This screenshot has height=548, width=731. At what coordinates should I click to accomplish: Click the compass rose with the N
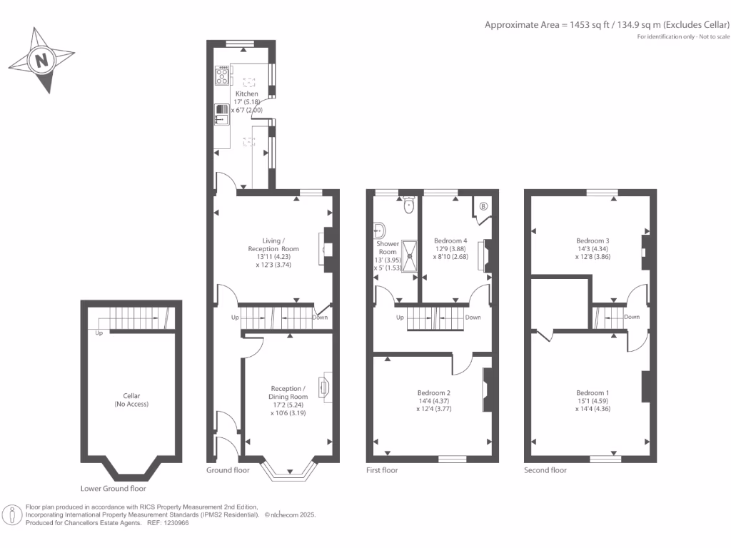pos(42,60)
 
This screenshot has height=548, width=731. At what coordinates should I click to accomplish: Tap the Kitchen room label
pos(247,94)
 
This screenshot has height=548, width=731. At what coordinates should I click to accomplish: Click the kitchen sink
pos(221,113)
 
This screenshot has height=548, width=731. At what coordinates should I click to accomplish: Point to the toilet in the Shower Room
pos(408,205)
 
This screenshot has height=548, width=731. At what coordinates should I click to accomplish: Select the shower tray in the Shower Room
pos(410,255)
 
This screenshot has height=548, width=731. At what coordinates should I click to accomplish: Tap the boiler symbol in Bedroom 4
pos(483,206)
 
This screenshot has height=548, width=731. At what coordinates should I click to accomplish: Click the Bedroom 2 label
pos(433,393)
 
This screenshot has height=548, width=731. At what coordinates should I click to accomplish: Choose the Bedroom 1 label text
pos(593,393)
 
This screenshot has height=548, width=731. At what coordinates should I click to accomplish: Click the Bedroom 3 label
pos(593,241)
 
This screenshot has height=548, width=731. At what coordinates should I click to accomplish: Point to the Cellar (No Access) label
pos(131,400)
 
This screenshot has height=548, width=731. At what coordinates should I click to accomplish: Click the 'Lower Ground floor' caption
pos(114,489)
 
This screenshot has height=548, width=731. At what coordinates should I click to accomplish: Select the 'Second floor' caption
pos(545,470)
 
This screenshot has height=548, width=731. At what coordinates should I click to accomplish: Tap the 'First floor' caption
pos(382,470)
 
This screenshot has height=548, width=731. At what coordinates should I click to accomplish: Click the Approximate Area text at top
pos(608,24)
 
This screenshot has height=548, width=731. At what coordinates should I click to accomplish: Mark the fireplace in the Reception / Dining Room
pos(326,386)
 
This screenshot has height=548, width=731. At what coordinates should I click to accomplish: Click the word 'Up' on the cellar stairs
pos(99,333)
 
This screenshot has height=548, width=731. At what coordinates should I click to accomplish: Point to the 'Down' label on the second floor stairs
pos(631,317)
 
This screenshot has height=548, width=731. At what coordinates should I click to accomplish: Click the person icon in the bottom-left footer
pos(12,514)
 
